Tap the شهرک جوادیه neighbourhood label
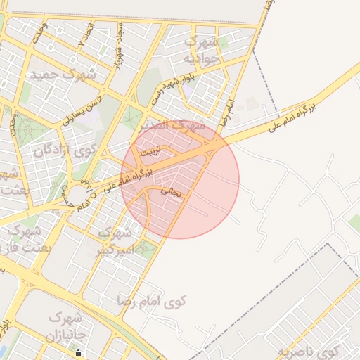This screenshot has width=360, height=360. pos(208,51)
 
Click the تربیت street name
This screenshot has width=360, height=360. pos(150,151)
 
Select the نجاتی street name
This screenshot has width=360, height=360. pos(171,191)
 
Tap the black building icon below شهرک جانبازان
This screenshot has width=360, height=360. pos(79,354)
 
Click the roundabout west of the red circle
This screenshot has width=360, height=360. pos(75,191)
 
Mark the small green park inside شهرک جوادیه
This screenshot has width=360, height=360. pos(224,44)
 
